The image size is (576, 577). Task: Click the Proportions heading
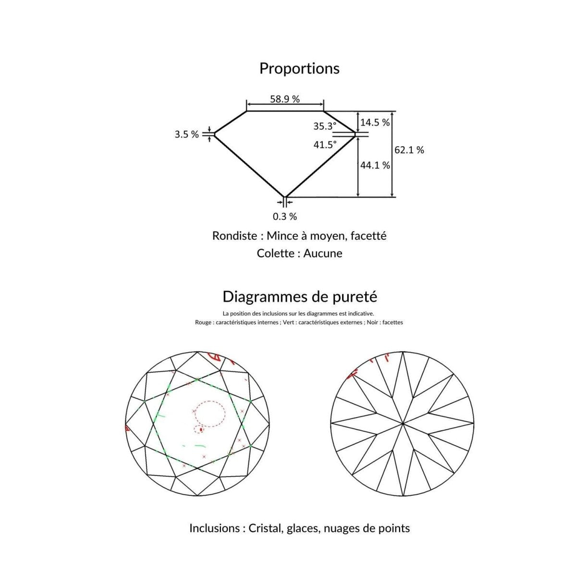(x=299, y=68)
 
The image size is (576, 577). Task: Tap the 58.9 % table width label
(x=284, y=99)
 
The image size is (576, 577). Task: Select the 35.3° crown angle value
(x=325, y=126)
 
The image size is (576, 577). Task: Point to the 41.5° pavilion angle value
(x=325, y=144)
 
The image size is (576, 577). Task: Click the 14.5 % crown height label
(x=375, y=123)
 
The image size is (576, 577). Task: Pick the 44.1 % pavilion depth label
(x=375, y=165)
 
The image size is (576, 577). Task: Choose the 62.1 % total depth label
(x=409, y=150)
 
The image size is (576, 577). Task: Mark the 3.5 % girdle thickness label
(x=186, y=135)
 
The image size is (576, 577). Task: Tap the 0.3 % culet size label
(x=285, y=216)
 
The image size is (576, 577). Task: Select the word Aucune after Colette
(x=323, y=253)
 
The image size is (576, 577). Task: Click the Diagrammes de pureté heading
(x=300, y=296)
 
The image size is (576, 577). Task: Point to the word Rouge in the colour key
(x=203, y=322)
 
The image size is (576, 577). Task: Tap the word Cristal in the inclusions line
(x=266, y=528)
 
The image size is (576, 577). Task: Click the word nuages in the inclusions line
(x=341, y=528)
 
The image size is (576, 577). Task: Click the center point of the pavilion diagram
(x=402, y=424)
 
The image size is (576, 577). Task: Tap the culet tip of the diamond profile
(x=285, y=197)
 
